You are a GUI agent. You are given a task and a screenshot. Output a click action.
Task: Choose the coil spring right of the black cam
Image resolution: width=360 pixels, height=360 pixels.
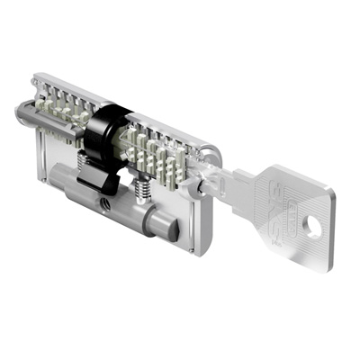[x=141, y=188]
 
